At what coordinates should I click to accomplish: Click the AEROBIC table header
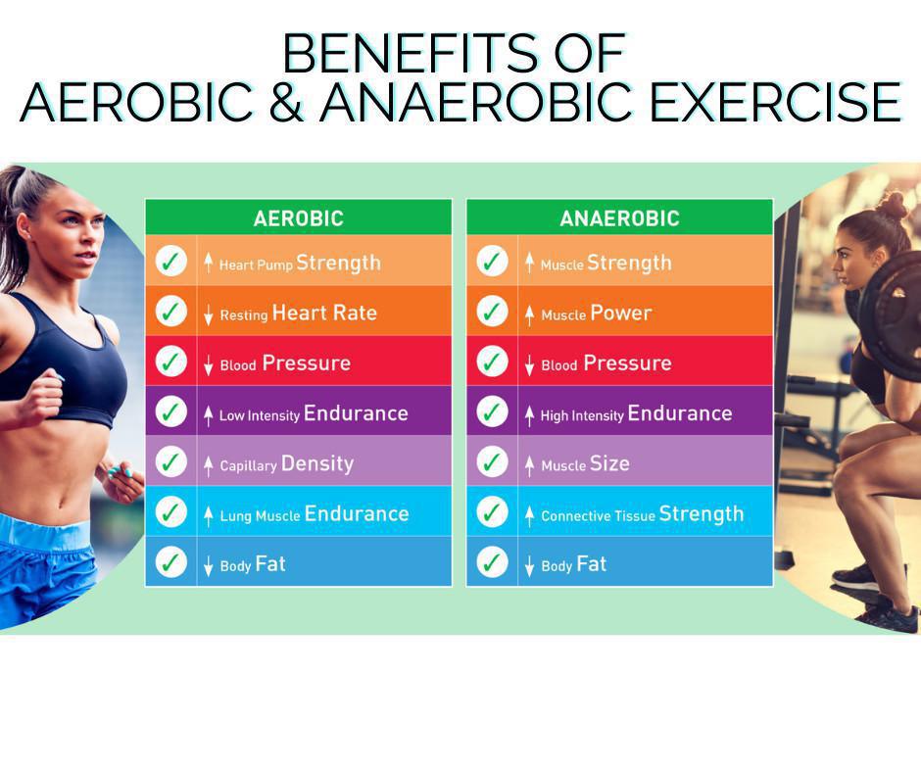(299, 218)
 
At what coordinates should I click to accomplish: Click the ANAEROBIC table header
(619, 218)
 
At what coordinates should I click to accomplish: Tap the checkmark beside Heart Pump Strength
(170, 261)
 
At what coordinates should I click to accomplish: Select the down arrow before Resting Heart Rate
(208, 314)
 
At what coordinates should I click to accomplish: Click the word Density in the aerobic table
(317, 464)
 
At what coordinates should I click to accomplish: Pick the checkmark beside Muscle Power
(492, 311)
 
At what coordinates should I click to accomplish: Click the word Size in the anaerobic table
(609, 463)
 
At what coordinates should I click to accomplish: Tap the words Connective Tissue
(598, 516)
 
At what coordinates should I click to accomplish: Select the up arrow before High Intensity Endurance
(529, 414)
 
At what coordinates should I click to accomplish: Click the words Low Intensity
(259, 415)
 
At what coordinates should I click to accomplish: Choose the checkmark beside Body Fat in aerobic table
(170, 561)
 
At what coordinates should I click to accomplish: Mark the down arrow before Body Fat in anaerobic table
(529, 565)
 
